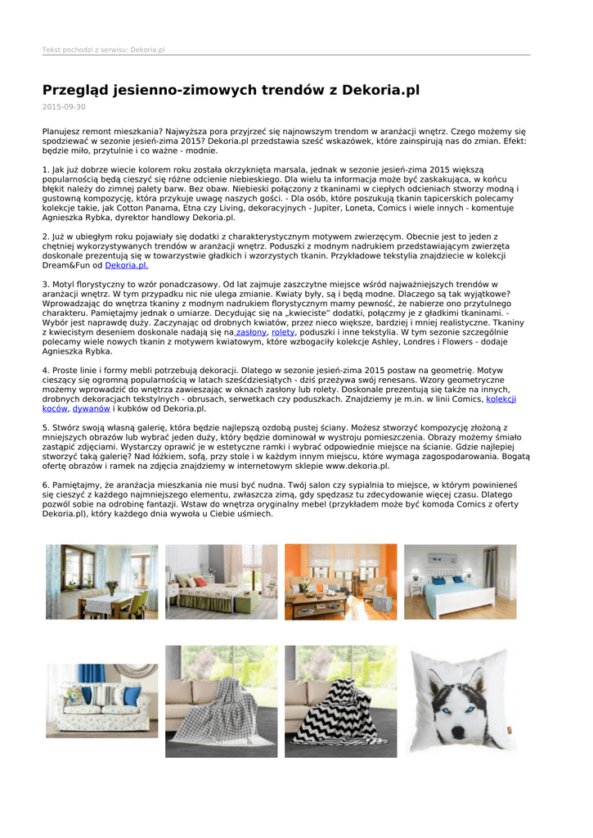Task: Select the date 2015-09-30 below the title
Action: [x=64, y=107]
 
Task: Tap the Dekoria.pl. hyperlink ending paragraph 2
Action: [x=126, y=266]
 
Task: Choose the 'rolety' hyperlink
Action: [x=283, y=333]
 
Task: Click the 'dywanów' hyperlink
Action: [x=91, y=408]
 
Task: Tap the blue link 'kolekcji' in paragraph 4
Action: [x=501, y=399]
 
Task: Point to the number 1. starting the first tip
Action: [x=46, y=170]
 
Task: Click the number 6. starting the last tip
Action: [x=46, y=484]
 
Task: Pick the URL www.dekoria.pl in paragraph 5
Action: [x=357, y=466]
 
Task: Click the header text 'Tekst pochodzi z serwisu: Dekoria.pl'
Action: [x=104, y=50]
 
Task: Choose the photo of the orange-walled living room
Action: [x=340, y=582]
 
